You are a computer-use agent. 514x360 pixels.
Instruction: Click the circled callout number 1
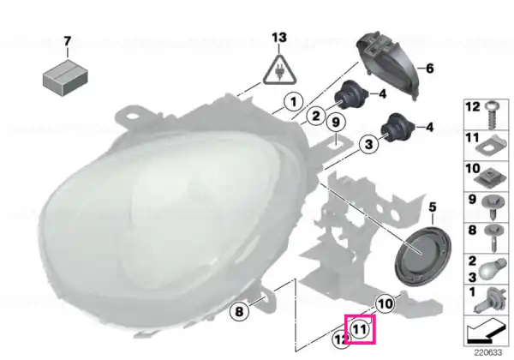pos(293,102)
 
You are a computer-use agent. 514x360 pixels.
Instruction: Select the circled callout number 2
pos(315,116)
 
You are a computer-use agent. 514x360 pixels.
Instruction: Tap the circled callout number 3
pos(368,144)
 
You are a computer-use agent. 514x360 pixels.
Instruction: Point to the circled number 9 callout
pos(336,123)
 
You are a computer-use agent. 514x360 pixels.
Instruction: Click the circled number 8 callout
pos(240,310)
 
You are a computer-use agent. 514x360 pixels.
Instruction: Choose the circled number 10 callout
pos(385,303)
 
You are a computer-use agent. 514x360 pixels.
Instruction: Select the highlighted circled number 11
pos(360,329)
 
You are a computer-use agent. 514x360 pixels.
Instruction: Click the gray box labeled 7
pos(65,77)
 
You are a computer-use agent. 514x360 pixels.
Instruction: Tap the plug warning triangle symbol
pos(279,69)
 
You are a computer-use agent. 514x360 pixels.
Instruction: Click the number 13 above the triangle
pos(279,38)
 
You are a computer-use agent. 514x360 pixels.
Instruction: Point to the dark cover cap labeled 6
pos(387,65)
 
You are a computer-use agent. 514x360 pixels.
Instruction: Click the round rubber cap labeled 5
pos(423,255)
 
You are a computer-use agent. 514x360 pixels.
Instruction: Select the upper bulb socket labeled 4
pos(351,95)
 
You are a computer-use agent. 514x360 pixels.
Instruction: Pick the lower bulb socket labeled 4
pos(397,129)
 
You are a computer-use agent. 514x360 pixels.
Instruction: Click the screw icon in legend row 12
pos(492,115)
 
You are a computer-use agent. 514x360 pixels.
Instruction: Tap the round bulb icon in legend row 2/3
pos(492,269)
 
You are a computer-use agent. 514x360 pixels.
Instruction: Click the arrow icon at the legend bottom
pos(486,332)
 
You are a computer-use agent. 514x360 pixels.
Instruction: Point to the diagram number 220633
pos(488,353)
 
